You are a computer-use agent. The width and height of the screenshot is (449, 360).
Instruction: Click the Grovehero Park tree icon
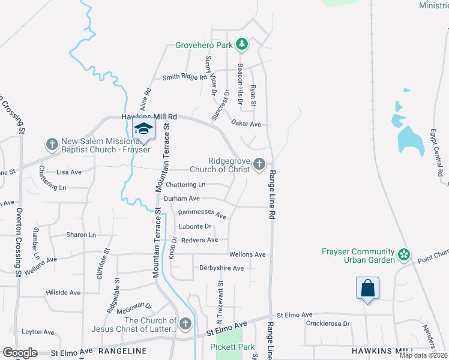coord(242,44)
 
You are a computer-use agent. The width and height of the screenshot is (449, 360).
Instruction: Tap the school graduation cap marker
coord(143,128)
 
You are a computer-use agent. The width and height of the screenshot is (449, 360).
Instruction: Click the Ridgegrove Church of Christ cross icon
coord(259,164)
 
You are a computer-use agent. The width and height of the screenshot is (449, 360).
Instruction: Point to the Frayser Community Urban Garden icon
coord(405,256)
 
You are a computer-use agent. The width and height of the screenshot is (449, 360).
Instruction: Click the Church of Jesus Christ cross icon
coord(185,324)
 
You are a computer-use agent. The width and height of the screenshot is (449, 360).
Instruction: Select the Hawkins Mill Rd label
coord(149,116)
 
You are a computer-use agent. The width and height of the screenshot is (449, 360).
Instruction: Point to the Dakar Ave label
coord(246,124)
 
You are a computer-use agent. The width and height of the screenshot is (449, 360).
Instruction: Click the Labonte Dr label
coord(195,226)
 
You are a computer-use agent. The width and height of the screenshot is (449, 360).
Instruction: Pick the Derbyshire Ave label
coord(221,268)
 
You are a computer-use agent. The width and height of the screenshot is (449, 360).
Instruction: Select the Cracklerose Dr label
coord(327,323)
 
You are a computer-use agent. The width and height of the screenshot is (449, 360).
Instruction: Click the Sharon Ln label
coord(81,235)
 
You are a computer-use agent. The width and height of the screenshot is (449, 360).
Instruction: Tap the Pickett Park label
coord(232,347)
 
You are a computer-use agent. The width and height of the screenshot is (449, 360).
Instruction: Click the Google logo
coord(20,353)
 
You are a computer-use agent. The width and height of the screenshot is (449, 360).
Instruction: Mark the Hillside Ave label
coord(63,293)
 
